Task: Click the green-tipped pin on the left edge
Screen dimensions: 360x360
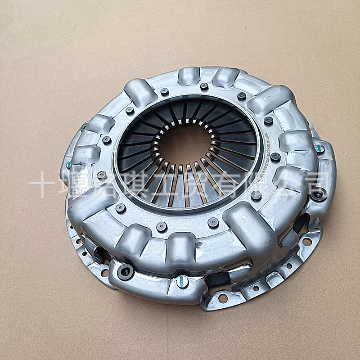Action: point(69,164)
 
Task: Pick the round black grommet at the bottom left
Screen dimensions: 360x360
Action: point(125,271)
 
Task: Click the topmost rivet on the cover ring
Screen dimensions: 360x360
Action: point(204,86)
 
